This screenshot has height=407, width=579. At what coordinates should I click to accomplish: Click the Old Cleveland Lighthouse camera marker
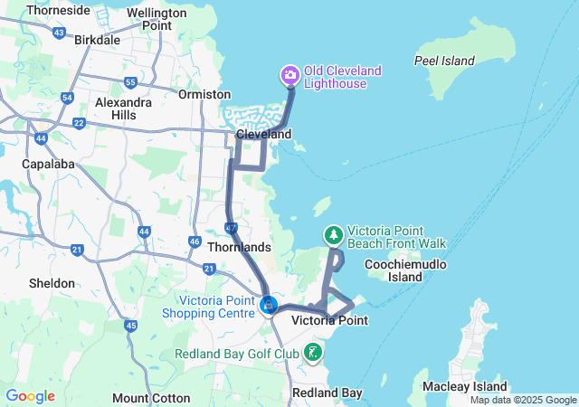(x=290, y=73)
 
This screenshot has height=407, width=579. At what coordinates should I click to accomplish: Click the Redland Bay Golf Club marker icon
(x=313, y=352)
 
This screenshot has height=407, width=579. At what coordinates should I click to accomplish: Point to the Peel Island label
(x=444, y=61)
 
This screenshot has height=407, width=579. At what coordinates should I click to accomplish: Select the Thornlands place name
(x=239, y=247)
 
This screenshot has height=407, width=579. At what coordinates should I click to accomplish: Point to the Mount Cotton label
(x=151, y=398)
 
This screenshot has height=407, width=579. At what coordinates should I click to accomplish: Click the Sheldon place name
(x=52, y=283)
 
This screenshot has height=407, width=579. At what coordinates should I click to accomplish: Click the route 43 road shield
(x=59, y=33)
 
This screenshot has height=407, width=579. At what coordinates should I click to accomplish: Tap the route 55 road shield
(x=130, y=83)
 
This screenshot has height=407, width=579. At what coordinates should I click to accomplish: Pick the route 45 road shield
(x=131, y=326)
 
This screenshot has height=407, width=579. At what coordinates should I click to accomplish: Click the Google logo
(x=30, y=396)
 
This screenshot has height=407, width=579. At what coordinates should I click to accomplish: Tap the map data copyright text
(x=522, y=400)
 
